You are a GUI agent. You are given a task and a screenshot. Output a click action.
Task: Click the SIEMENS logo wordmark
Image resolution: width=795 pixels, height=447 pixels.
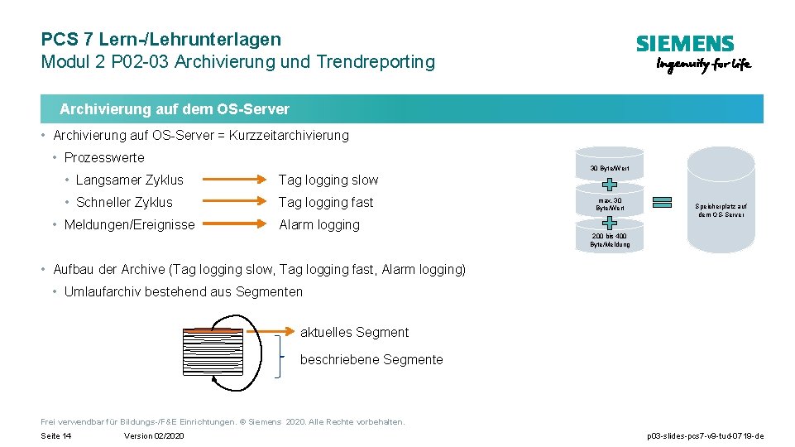coord(684,44)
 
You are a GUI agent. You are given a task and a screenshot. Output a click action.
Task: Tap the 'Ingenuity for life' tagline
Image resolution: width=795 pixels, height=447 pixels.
coord(703,65)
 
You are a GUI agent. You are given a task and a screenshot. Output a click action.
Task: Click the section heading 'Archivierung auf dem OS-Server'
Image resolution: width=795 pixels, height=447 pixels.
coord(175,109)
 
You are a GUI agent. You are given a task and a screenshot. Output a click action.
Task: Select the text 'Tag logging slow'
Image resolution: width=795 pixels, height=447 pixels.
coord(328,180)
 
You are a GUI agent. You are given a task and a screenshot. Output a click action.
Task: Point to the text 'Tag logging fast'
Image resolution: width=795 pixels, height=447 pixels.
coord(326,202)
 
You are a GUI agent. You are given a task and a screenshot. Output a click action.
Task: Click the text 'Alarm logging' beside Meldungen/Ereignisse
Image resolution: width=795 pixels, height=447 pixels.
coord(319,224)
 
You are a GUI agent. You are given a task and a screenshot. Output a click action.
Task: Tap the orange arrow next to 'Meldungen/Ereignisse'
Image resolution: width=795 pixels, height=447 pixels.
coord(232,224)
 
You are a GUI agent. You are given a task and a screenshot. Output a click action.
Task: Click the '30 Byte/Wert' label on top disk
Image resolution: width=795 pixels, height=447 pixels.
coord(610,169)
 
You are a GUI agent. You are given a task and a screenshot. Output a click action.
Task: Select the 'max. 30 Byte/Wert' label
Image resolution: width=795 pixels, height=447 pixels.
coord(610,204)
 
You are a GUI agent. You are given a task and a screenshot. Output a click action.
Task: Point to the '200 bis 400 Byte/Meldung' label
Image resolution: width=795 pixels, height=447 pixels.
coord(610,240)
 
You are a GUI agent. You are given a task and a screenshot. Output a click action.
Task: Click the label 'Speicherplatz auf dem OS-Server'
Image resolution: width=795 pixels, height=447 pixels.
coord(721,210)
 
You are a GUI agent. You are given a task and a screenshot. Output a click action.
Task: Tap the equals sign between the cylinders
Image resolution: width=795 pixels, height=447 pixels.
coord(662,204)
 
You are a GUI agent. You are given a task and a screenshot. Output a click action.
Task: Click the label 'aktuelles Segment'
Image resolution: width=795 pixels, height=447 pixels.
coord(354,332)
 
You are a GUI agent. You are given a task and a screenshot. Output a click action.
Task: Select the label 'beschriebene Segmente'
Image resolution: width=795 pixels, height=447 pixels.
coord(371,359)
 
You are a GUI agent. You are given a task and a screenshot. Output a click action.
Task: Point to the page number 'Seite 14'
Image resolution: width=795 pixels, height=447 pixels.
coord(56,435)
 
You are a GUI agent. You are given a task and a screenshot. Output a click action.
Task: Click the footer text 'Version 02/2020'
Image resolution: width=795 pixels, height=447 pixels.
coord(154,435)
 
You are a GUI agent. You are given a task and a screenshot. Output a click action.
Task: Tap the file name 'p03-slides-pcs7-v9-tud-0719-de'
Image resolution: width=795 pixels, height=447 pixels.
coord(705,435)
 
